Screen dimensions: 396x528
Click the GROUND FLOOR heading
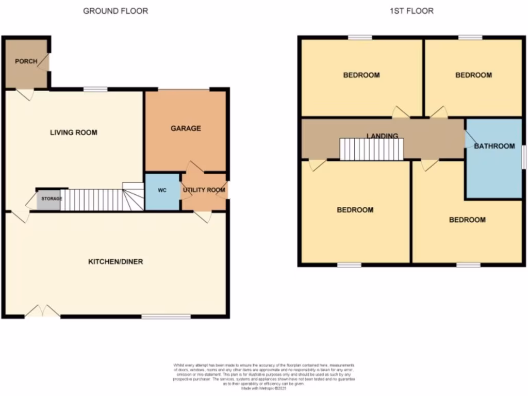coord(115,11)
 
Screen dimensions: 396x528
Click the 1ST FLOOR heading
coord(411,11)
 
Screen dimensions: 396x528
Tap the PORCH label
coord(26,61)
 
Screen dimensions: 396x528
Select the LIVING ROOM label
coord(74,133)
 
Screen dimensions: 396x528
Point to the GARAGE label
coord(186,128)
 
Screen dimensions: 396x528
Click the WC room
coord(162,191)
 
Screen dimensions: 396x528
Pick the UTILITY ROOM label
coord(204,190)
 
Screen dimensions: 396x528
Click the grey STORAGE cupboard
coord(48,199)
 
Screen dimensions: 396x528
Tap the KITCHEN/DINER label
coord(115,262)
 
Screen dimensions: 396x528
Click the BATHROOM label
coord(494,146)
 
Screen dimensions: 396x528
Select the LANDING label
coord(382,136)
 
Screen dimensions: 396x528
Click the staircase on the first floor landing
coord(371,149)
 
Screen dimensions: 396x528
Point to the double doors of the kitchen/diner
coord(43,311)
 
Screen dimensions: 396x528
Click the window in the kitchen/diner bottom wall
coord(166,316)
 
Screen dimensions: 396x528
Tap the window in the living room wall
coord(96,89)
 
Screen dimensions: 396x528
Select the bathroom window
coord(523,157)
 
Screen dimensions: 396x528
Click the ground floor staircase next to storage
coord(98,200)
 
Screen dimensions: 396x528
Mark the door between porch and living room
coord(25,94)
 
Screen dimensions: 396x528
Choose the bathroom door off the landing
coord(470,139)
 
